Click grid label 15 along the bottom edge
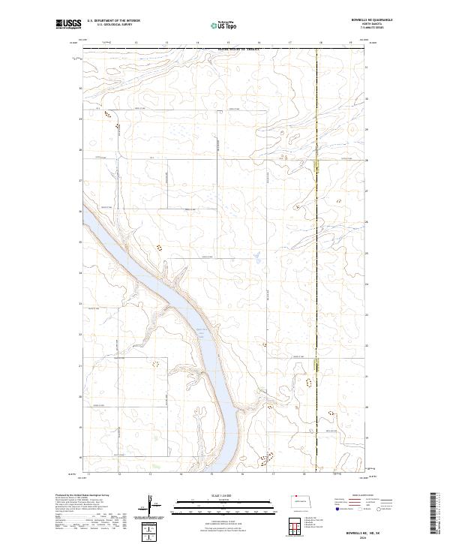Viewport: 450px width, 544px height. point(212,474)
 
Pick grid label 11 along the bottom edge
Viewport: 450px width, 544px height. point(89,474)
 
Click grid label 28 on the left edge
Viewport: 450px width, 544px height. point(81,150)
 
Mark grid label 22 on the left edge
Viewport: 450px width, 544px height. point(81,335)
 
